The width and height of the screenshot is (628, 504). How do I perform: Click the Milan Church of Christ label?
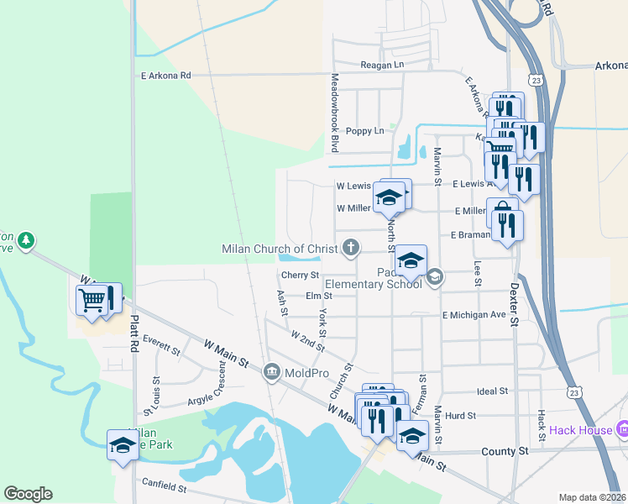pos(280,249)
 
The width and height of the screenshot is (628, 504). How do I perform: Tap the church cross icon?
pos(351,247)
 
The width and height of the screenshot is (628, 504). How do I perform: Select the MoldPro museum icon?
pos(272,371)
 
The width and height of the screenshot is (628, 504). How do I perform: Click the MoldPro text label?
pos(307,372)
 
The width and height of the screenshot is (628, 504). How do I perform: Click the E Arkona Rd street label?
pos(166,76)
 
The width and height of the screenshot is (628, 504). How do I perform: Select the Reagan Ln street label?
pos(382,65)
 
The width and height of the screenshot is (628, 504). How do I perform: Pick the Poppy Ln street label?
pos(364,131)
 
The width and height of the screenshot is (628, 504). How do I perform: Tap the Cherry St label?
pos(300,275)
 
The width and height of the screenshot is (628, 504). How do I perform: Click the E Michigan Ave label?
pos(475,314)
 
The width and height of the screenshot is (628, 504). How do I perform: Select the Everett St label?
pos(162,340)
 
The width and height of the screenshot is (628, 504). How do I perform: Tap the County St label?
pos(505,451)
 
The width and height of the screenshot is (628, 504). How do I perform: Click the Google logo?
pos(29,494)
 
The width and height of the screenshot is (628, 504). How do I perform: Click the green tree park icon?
pos(27,241)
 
